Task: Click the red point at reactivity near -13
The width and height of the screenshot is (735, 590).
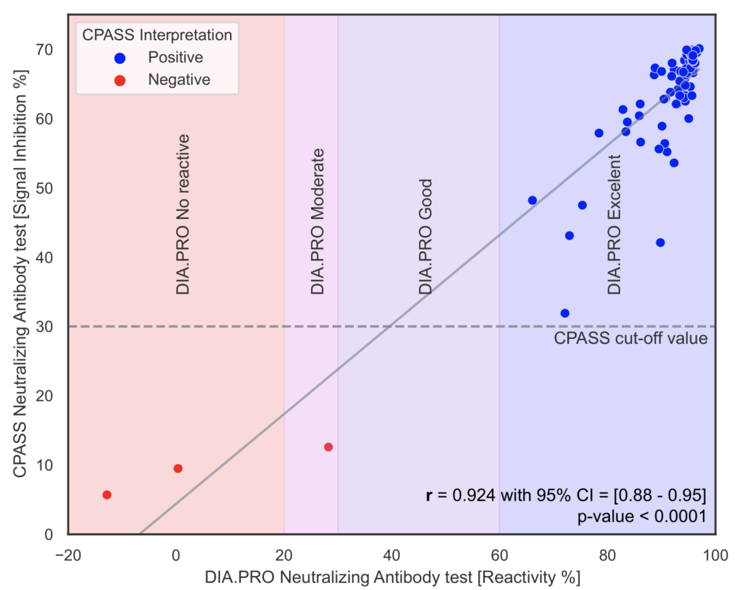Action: point(107,495)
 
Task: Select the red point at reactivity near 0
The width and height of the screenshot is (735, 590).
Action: point(178,468)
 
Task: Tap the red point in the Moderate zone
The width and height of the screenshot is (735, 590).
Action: point(328,447)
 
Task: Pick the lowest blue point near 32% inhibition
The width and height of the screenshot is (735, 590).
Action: point(565,313)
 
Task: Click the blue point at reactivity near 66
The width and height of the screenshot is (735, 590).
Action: point(532,200)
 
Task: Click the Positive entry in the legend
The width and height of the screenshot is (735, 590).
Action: point(175,57)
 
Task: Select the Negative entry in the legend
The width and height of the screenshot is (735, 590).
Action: point(178,80)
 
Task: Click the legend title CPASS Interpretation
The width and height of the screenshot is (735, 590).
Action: point(157,35)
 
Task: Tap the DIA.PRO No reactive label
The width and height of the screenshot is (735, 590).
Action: point(183,214)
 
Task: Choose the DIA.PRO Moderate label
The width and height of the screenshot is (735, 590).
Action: point(318,221)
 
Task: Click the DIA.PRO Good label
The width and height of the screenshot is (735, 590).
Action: point(425,236)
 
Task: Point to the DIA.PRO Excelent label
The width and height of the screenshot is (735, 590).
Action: point(614,225)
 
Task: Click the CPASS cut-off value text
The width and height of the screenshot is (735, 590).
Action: point(630,338)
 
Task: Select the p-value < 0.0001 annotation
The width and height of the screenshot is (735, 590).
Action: point(641,516)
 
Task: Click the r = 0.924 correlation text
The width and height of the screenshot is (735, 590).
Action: point(565,495)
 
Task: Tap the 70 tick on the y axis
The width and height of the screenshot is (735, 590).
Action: point(45,50)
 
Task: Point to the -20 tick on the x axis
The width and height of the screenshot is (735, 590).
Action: point(68,556)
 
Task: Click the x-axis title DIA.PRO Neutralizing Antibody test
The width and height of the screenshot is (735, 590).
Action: point(392,577)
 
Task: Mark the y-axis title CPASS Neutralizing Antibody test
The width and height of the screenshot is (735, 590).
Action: point(20,274)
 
